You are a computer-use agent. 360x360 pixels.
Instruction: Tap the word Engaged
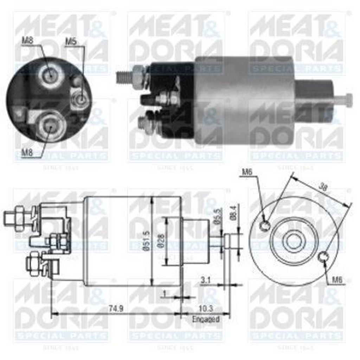[x=206, y=319]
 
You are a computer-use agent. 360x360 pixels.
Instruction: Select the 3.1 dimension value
[x=206, y=280]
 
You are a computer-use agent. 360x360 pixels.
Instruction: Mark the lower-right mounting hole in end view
[x=323, y=257]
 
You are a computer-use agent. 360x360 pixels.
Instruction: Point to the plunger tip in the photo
[x=348, y=100]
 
